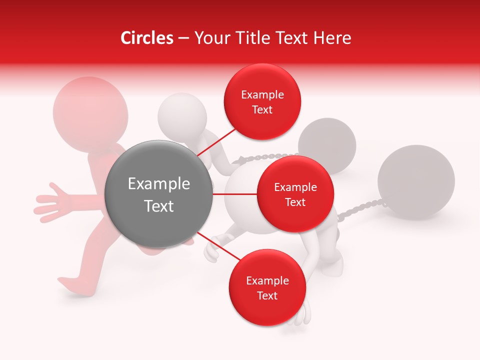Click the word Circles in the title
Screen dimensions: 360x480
pyautogui.click(x=146, y=38)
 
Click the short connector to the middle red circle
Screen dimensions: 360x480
pyautogui.click(x=234, y=194)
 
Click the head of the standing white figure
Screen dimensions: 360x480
pyautogui.click(x=182, y=115)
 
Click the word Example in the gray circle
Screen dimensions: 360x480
pyautogui.click(x=158, y=184)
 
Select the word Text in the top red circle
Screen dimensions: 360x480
pyautogui.click(x=262, y=109)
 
